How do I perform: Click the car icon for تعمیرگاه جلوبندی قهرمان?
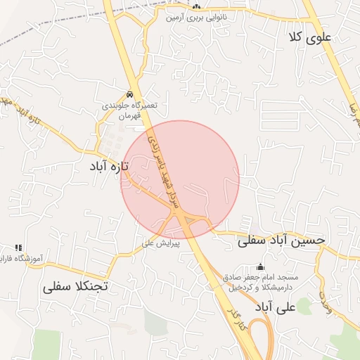point(130,94)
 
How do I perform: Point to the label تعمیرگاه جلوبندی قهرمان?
point(129,109)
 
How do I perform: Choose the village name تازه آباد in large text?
point(110,167)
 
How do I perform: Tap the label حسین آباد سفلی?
point(282,240)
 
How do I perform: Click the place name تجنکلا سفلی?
point(75,287)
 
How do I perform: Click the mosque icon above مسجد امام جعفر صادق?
point(261,267)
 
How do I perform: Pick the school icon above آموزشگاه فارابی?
point(18,247)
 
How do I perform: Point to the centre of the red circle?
point(180,179)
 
